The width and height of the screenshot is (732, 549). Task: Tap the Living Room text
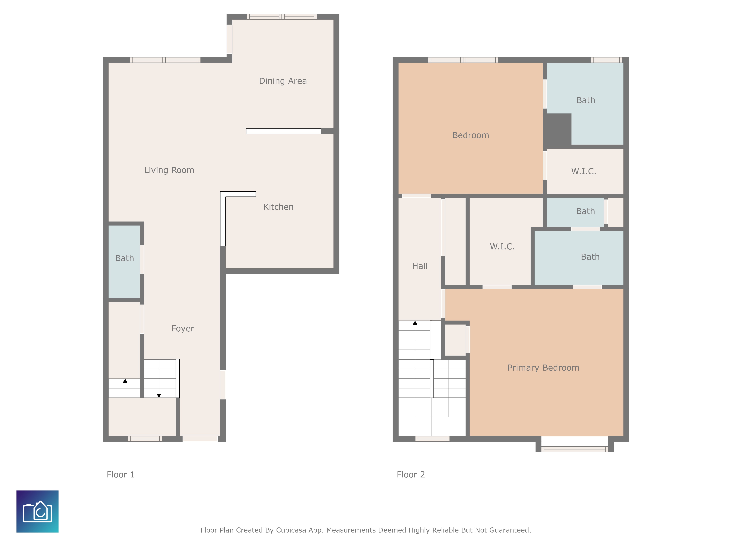(169, 170)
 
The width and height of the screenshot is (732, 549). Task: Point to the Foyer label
(183, 329)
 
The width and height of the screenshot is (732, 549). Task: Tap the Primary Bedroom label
(543, 368)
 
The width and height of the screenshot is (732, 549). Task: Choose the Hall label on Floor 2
(420, 266)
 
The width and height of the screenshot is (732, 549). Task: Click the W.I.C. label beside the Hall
(502, 247)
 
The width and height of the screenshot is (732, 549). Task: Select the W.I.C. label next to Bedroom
(583, 171)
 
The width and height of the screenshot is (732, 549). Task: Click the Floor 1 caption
(120, 475)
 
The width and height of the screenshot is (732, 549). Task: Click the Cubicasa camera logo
(37, 511)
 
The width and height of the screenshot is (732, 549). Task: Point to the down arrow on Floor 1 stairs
(159, 395)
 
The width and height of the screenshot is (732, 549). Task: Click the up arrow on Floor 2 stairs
(415, 323)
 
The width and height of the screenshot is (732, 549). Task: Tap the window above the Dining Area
(282, 16)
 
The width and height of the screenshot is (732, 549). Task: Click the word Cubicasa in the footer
(291, 530)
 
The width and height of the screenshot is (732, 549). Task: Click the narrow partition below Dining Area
(283, 131)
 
